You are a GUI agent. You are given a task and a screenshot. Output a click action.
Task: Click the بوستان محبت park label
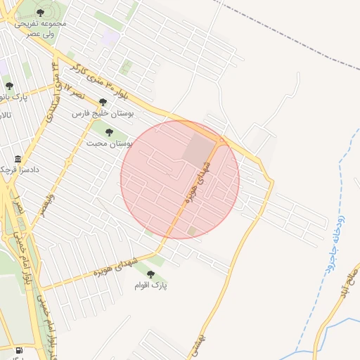click(110, 143)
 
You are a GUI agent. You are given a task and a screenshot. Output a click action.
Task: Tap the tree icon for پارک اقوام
click(150, 274)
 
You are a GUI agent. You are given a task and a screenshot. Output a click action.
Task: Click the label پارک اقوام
click(153, 285)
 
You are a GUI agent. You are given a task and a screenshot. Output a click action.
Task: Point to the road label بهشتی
click(204, 345)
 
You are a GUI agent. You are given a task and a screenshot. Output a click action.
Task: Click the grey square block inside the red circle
click(200, 150)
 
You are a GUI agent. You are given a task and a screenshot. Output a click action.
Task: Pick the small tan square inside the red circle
click(193, 231)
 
